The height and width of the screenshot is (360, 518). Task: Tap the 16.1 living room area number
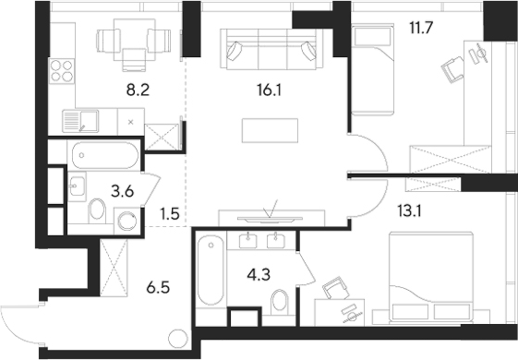(x=267, y=92)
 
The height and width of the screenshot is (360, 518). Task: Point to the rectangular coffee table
(x=271, y=131)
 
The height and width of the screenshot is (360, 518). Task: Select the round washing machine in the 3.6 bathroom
(x=126, y=220)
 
